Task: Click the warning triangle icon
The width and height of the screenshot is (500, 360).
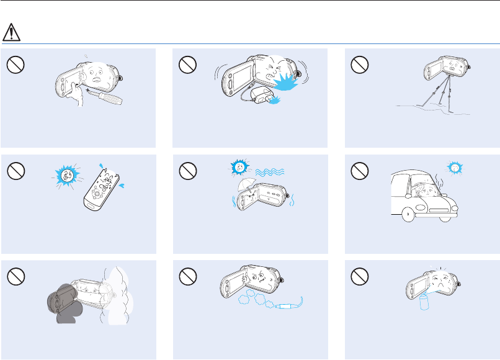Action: point(12,31)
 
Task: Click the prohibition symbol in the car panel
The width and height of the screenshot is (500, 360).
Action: point(359,169)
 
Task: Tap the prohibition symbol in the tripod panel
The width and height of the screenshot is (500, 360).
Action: point(359,64)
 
